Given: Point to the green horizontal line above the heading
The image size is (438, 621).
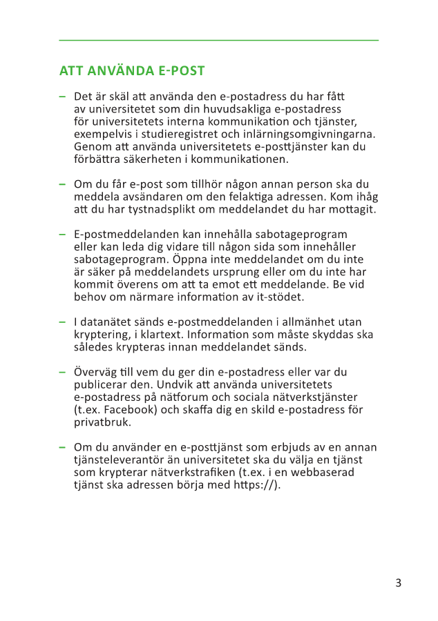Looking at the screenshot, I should (219, 41).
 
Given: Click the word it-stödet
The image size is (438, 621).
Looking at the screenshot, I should (279, 297).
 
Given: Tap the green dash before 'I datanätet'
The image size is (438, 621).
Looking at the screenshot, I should (63, 322).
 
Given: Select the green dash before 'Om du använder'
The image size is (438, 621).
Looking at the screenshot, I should (63, 447).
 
